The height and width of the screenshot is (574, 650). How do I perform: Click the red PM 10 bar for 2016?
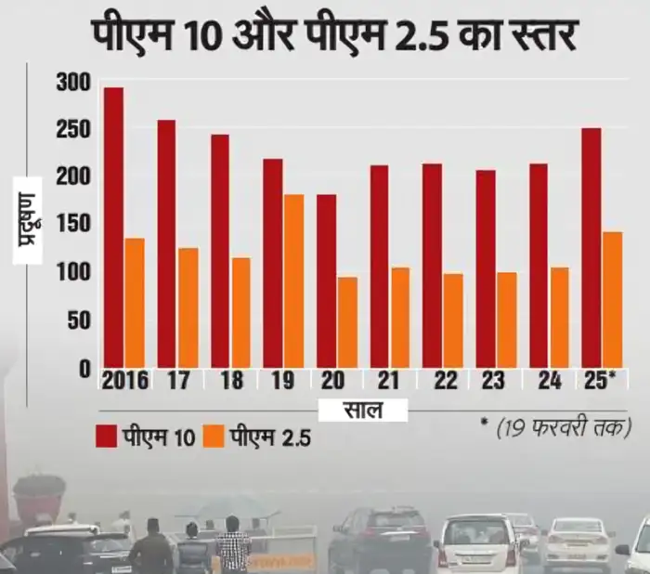coord(113,228)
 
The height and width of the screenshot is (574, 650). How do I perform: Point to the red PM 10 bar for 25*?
coord(591,247)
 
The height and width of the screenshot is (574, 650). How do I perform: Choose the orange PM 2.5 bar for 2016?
coord(135,302)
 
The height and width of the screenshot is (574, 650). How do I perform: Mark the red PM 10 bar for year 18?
coord(220,251)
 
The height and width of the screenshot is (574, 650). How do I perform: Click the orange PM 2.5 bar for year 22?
coord(453,320)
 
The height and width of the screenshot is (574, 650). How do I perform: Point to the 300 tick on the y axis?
coord(74,84)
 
